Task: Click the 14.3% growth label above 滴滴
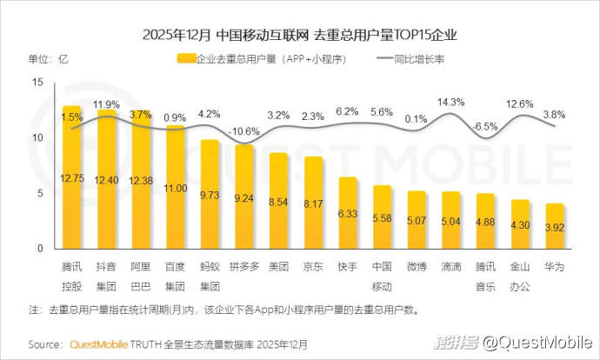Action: tap(450, 103)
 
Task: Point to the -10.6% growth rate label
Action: tap(243, 131)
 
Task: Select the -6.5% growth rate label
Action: tap(485, 126)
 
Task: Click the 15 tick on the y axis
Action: tap(37, 83)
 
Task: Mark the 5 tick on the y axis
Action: tap(39, 194)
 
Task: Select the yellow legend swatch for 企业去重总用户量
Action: tap(184, 59)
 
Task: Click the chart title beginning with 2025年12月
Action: tap(299, 36)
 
